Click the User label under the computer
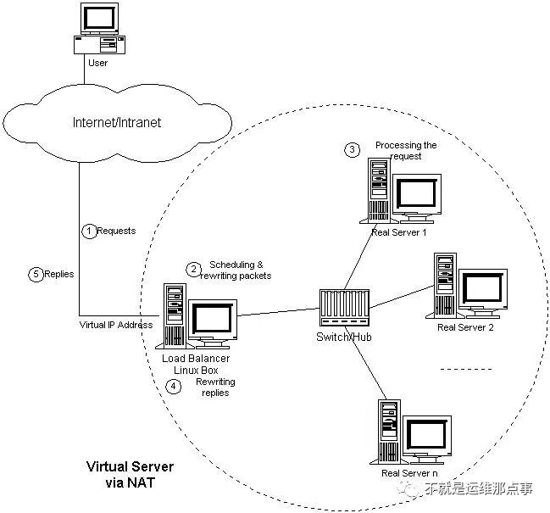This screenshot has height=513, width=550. coord(97,63)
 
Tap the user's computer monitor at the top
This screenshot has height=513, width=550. coord(99,19)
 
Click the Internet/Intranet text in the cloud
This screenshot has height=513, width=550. coord(117,122)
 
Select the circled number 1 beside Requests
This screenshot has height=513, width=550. coord(89,231)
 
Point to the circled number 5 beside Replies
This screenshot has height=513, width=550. coord(36,274)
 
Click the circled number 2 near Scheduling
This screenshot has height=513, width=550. coord(193,270)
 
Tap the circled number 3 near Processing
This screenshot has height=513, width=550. coord(352,150)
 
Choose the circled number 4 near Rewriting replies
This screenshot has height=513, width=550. coord(173,387)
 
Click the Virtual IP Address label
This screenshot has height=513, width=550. coord(116,325)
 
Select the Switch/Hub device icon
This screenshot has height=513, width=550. coord(344,308)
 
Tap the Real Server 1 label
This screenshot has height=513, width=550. coord(399,232)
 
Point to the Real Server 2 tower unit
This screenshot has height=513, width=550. coord(444,285)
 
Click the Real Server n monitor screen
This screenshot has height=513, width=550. coord(427,434)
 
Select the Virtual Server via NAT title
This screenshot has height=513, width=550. coord(131,474)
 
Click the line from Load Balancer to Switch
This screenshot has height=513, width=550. coord(279,312)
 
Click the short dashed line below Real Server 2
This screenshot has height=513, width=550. coord(466,369)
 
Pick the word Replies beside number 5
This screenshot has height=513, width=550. coord(59,274)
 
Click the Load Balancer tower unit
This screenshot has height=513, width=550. coord(175,315)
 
